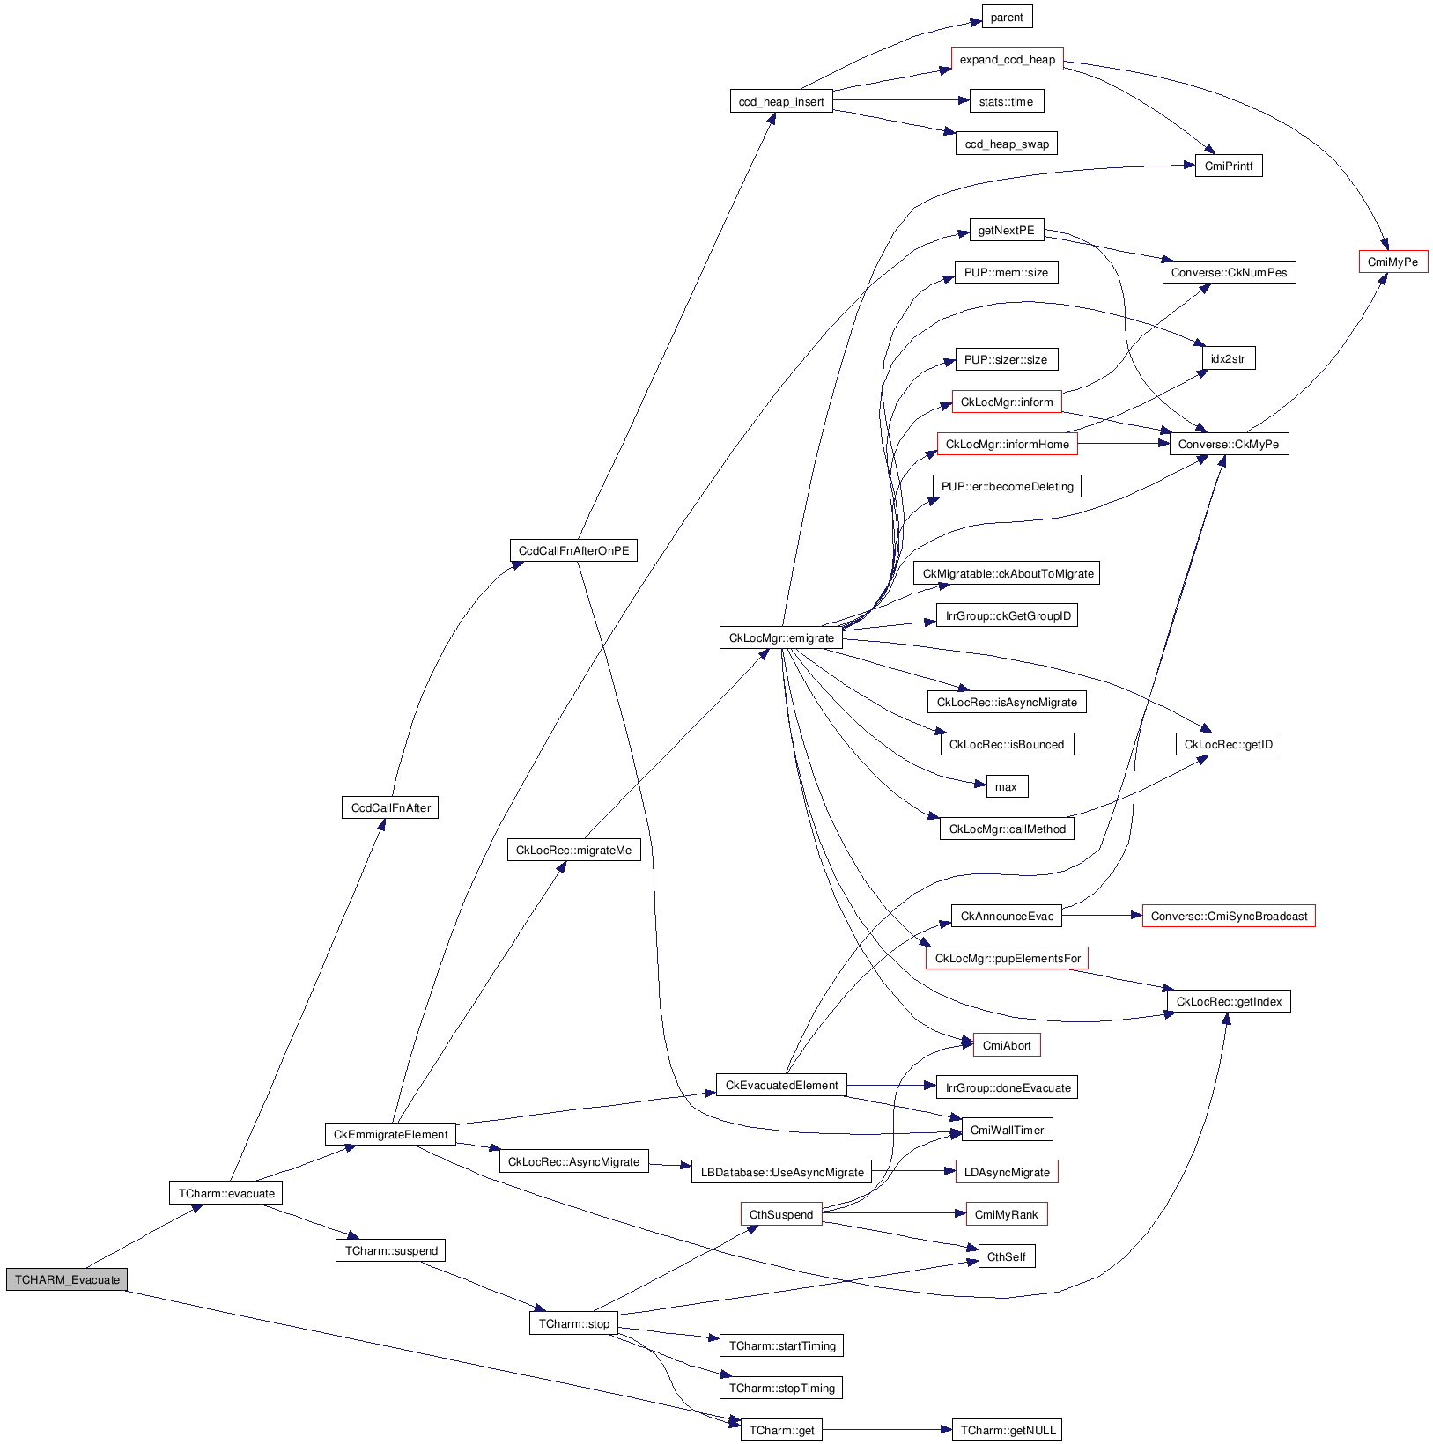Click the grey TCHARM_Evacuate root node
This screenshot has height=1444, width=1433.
pos(67,1279)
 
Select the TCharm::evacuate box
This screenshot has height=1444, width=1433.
pos(226,1193)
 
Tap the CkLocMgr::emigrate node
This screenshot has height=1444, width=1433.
pos(781,637)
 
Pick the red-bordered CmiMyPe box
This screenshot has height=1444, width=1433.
pos(1392,262)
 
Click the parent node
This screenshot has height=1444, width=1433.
pos(1007,17)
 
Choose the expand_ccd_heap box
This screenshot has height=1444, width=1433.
pos(1007,59)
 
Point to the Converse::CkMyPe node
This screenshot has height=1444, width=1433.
pos(1228,444)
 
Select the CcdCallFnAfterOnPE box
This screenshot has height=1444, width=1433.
pos(573,550)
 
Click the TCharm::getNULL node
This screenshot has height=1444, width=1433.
pos(1007,1430)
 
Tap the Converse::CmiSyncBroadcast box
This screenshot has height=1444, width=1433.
pos(1228,916)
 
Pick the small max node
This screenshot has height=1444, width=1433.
pos(1006,786)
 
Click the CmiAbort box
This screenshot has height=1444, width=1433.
pos(1006,1045)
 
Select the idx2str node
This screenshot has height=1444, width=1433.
pos(1228,358)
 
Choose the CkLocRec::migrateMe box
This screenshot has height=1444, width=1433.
pos(573,850)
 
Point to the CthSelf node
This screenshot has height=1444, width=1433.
pos(1006,1256)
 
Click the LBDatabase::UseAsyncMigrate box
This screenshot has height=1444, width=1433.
pos(782,1172)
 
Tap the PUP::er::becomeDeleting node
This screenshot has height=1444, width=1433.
pos(1007,486)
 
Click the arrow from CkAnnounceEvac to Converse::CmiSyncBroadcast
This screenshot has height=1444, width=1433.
pos(1101,916)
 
